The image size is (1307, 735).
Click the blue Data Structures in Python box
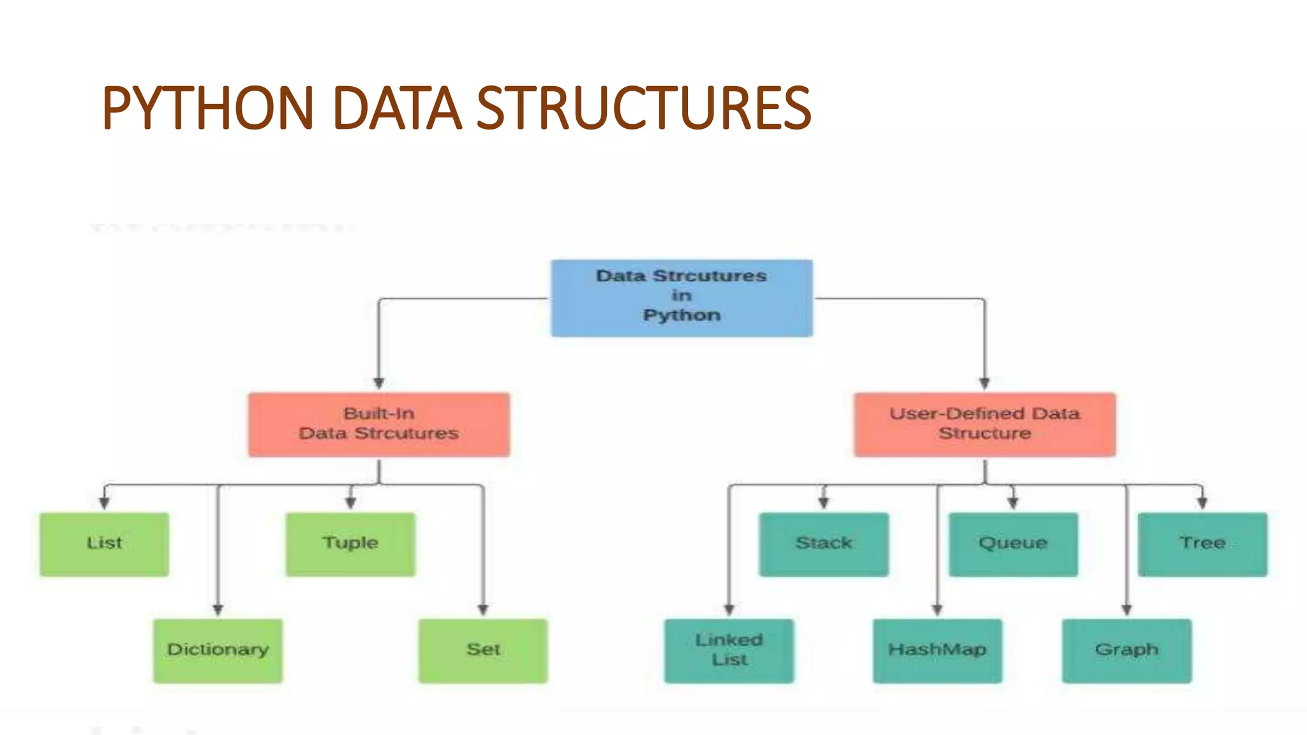pyautogui.click(x=682, y=297)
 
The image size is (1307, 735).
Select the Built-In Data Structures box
pyautogui.click(x=379, y=424)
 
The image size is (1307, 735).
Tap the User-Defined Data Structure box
pyautogui.click(x=985, y=424)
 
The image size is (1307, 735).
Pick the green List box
pyautogui.click(x=104, y=544)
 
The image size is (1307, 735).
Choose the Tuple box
pyautogui.click(x=350, y=544)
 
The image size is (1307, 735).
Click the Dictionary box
pyautogui.click(x=218, y=651)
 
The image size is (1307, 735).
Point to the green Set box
pyautogui.click(x=483, y=651)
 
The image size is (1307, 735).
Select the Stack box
pyautogui.click(x=823, y=544)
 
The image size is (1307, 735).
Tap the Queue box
pyautogui.click(x=1013, y=544)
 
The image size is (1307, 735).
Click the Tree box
pyautogui.click(x=1202, y=544)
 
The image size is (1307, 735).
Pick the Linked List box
pyautogui.click(x=729, y=651)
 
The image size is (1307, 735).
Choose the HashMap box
pyautogui.click(x=937, y=651)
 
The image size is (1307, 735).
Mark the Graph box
pyautogui.click(x=1126, y=651)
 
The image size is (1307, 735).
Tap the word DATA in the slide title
pyautogui.click(x=396, y=108)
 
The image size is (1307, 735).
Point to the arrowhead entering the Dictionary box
pyautogui.click(x=218, y=610)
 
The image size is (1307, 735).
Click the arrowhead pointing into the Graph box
pyautogui.click(x=1126, y=610)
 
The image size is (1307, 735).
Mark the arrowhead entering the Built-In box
pyautogui.click(x=379, y=383)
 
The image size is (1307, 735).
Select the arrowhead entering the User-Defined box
pyautogui.click(x=985, y=383)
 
